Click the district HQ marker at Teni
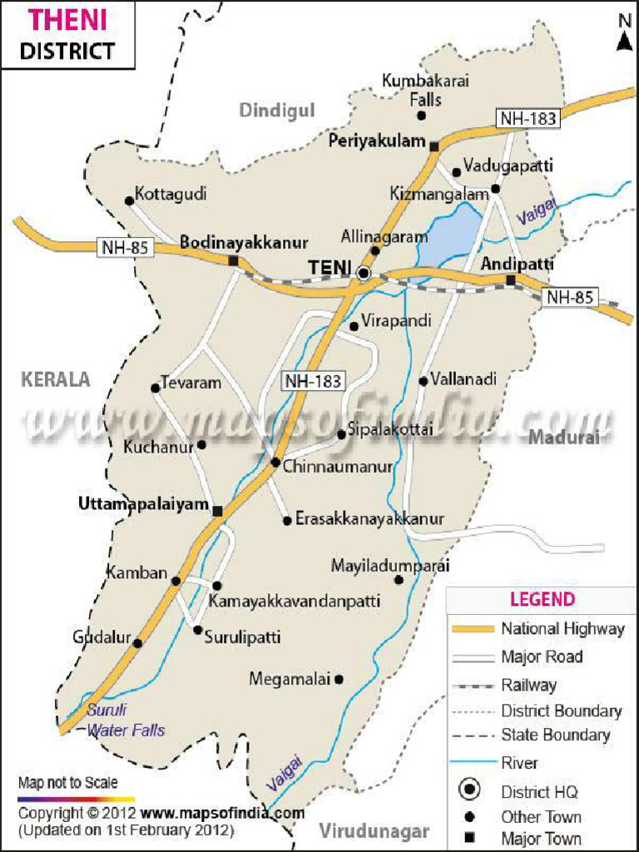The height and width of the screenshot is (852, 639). click(x=364, y=272)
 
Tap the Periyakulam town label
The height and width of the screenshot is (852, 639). click(x=376, y=141)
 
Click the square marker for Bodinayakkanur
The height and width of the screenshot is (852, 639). click(x=234, y=261)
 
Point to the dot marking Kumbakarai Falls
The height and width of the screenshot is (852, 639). click(x=422, y=115)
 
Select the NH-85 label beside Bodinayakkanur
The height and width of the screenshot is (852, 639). click(x=126, y=247)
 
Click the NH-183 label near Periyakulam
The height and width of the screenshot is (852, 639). click(x=528, y=118)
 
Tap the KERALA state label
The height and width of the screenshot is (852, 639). click(x=55, y=379)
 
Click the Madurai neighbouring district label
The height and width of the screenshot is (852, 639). click(x=564, y=437)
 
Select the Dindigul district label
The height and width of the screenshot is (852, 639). click(x=277, y=111)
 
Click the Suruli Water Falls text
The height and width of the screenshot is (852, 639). click(x=126, y=721)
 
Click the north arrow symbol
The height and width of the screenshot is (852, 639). click(x=624, y=35)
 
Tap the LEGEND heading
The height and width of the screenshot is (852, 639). click(x=542, y=599)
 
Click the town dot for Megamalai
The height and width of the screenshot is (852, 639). click(x=339, y=679)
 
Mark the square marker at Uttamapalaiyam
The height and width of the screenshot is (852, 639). click(x=217, y=511)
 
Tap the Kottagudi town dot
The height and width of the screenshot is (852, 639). click(x=129, y=201)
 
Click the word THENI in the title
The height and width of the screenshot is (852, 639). click(x=69, y=18)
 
